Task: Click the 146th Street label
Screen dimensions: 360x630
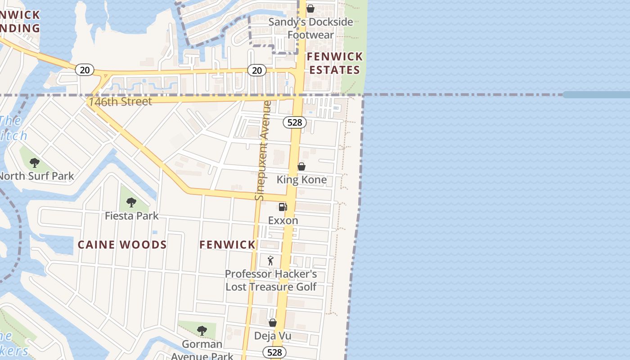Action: click(121, 102)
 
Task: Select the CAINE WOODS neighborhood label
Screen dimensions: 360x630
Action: click(122, 245)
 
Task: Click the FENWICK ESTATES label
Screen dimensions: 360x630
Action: click(335, 63)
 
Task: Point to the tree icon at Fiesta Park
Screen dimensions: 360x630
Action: click(131, 202)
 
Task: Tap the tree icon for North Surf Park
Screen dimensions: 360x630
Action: click(35, 163)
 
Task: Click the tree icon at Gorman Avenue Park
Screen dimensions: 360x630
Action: click(202, 331)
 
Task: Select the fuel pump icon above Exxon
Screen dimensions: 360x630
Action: click(283, 207)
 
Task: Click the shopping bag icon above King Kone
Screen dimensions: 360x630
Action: click(301, 166)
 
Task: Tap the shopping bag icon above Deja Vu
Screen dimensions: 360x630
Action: click(272, 323)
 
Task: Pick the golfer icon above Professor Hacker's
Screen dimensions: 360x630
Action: click(270, 261)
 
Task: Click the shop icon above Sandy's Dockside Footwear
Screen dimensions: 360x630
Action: click(310, 9)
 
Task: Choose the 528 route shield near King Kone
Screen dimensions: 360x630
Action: click(295, 122)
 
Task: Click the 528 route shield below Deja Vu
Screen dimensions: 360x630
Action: click(274, 352)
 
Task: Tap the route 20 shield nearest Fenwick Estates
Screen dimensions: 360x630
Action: click(256, 70)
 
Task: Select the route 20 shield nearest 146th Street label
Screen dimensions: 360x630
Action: click(85, 70)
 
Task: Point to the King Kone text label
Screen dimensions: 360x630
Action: click(301, 180)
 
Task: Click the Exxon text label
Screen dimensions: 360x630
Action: click(283, 220)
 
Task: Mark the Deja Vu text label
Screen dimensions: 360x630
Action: click(273, 336)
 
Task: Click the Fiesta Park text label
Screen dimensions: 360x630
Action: click(131, 216)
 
